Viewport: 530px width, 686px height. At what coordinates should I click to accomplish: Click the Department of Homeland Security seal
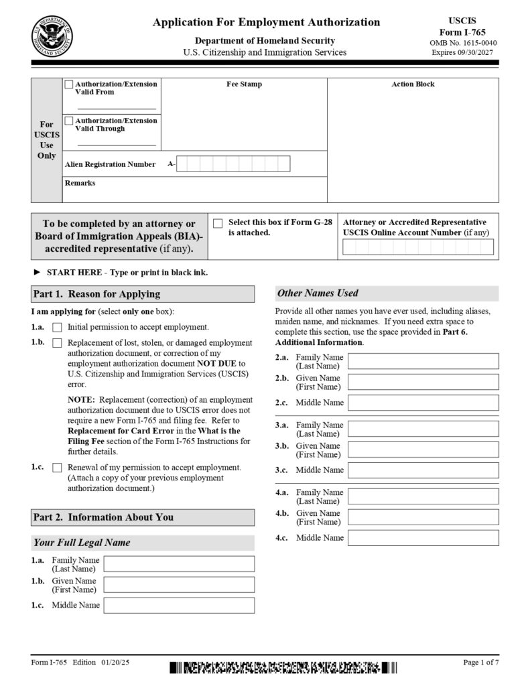(x=52, y=35)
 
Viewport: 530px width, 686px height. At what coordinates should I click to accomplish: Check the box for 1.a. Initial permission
(x=57, y=328)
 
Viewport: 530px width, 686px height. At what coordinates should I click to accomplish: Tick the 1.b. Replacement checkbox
(x=57, y=343)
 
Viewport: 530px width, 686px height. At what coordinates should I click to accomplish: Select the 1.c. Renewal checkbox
(x=57, y=468)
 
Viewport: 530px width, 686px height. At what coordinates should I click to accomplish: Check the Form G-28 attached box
(x=218, y=223)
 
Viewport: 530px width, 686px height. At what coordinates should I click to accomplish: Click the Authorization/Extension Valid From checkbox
(x=69, y=84)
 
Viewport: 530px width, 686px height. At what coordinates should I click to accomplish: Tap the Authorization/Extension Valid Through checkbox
(x=69, y=121)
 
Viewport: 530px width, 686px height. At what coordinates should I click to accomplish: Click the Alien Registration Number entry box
(x=233, y=163)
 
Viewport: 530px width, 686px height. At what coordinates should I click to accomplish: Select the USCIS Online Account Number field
(x=418, y=247)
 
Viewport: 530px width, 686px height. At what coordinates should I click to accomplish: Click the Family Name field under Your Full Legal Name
(x=179, y=563)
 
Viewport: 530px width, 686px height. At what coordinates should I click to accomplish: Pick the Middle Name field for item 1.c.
(x=179, y=606)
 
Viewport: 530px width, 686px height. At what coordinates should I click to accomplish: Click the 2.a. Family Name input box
(x=423, y=361)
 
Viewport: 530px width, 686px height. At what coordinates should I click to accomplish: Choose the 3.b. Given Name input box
(x=423, y=450)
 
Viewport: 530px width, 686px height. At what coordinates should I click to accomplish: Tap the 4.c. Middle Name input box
(x=423, y=537)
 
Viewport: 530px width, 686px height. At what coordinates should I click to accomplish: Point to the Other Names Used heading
(x=318, y=293)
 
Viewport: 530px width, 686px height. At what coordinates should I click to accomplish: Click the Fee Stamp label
(x=244, y=84)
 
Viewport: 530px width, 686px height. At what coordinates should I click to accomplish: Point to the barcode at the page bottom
(x=282, y=667)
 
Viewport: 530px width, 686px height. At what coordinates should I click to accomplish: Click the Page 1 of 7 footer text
(x=480, y=663)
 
